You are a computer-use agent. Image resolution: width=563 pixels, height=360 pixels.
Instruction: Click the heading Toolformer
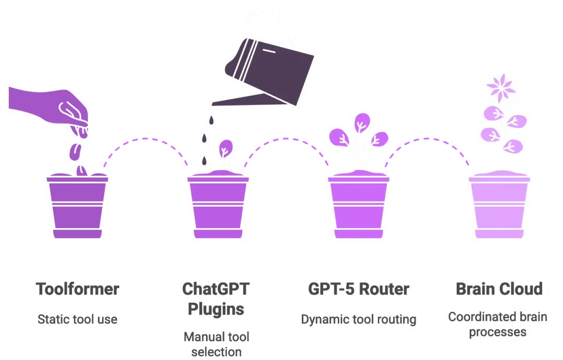[x=77, y=289]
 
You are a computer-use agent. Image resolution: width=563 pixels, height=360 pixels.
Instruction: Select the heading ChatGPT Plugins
[x=215, y=299]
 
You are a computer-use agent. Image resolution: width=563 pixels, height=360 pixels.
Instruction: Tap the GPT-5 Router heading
[x=358, y=289]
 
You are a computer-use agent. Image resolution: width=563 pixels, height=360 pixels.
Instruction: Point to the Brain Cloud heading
[x=499, y=289]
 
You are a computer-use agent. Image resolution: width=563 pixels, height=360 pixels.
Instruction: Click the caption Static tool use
[x=77, y=319]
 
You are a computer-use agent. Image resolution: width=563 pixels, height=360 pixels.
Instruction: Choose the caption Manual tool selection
[x=215, y=344]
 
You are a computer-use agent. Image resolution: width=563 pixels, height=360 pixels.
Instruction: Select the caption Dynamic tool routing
[x=358, y=319]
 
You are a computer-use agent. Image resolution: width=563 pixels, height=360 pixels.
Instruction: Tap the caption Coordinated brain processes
[x=498, y=324]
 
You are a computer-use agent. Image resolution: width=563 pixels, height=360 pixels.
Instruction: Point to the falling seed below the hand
[x=75, y=151]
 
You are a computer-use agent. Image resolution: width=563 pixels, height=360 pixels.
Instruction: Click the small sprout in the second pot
[x=224, y=151]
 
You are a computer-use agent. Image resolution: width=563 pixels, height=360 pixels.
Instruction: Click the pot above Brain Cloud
[x=499, y=206]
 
